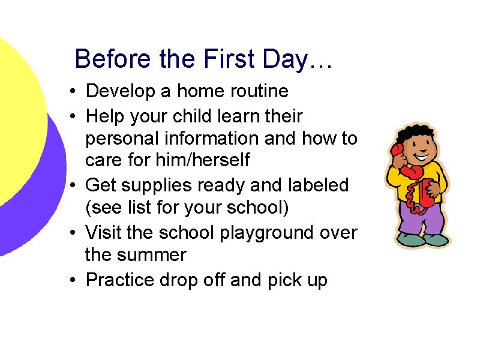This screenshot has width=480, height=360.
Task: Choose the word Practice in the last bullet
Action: pos(122,279)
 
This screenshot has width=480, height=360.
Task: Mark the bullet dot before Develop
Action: pos(71,92)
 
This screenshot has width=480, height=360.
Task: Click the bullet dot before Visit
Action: pos(71,232)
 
